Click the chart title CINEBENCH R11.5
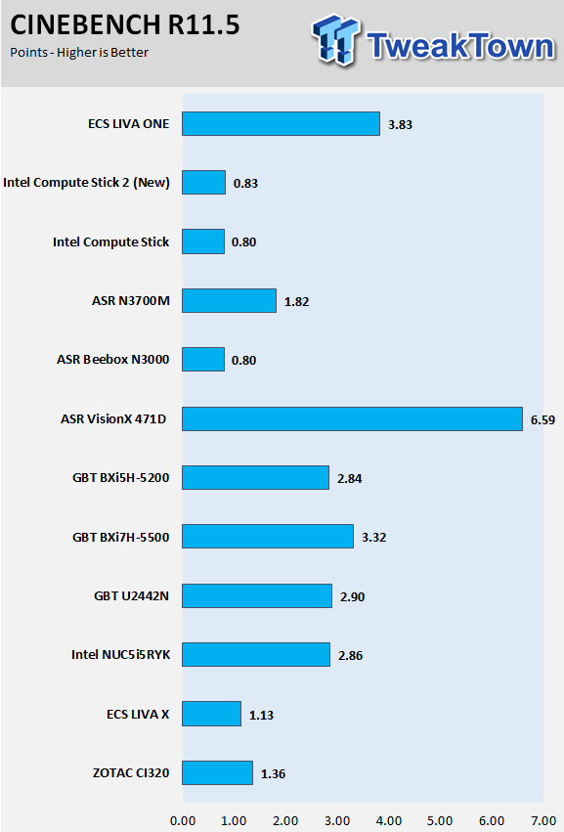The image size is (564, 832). (x=125, y=25)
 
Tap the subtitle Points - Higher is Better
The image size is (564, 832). (x=79, y=53)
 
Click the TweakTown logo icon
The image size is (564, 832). (x=335, y=40)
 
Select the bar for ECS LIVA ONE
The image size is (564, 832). (x=281, y=123)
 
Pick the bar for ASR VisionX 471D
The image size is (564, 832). (x=352, y=418)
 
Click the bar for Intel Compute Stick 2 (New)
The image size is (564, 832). (x=203, y=183)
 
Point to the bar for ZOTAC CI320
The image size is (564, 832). (x=218, y=772)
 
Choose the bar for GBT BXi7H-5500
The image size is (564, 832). (x=268, y=537)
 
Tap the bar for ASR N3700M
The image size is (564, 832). (x=229, y=300)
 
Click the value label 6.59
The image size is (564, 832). (x=542, y=419)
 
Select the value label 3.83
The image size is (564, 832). (x=400, y=125)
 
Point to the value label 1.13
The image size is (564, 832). (x=262, y=716)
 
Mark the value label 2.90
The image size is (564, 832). (x=352, y=597)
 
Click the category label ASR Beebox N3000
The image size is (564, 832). (x=113, y=359)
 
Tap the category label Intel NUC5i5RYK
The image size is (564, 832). (x=121, y=654)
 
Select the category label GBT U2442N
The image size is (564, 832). (x=132, y=595)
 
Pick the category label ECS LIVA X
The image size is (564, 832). (x=138, y=715)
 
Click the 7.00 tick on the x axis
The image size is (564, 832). (x=543, y=821)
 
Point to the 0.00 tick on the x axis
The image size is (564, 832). (x=183, y=821)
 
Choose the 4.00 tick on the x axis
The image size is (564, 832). (x=389, y=821)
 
